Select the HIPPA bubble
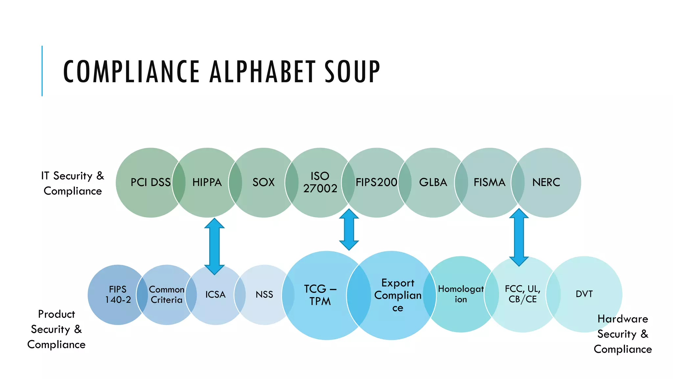tap(207, 183)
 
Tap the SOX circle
tap(264, 183)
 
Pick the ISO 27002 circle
tap(320, 183)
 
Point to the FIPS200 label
tap(377, 182)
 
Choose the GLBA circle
tap(433, 183)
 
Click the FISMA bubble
tap(490, 183)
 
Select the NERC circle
tap(546, 183)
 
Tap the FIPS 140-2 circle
tap(118, 295)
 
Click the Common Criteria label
tap(167, 295)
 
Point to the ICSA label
tap(215, 294)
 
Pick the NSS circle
tap(265, 295)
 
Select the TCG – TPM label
tap(320, 295)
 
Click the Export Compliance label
tap(398, 295)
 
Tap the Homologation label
tap(461, 294)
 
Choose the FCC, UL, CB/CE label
tap(522, 294)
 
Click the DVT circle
tap(584, 294)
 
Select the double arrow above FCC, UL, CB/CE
tap(519, 237)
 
